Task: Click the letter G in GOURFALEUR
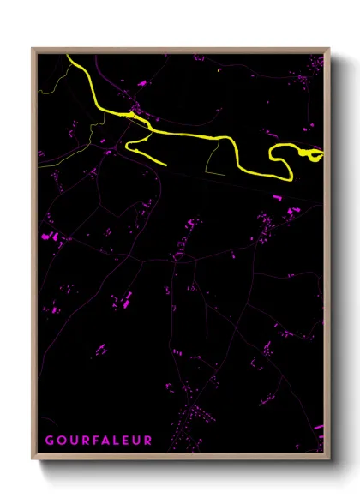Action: click(x=50, y=441)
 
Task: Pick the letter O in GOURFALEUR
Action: click(x=60, y=441)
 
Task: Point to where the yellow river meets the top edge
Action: click(x=69, y=57)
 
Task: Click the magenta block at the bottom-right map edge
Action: click(x=319, y=426)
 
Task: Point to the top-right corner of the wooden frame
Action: click(x=329, y=50)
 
